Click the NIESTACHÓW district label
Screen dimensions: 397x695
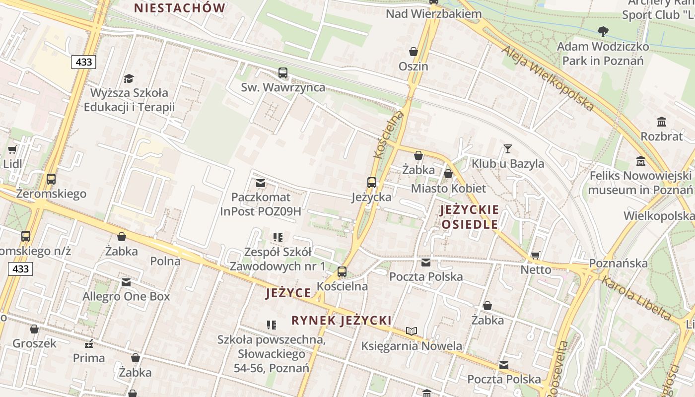pyautogui.click(x=180, y=8)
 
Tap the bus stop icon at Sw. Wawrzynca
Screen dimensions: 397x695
pyautogui.click(x=283, y=73)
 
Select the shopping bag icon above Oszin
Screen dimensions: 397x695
pyautogui.click(x=413, y=52)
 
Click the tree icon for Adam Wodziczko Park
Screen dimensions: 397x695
pyautogui.click(x=603, y=32)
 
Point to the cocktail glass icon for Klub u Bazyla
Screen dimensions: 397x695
pyautogui.click(x=507, y=148)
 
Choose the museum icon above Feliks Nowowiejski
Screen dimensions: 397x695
pyautogui.click(x=640, y=161)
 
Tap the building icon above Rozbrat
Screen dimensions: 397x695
pyautogui.click(x=662, y=122)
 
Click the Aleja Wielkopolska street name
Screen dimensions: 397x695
pyautogui.click(x=547, y=78)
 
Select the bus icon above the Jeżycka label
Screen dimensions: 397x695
pyautogui.click(x=372, y=182)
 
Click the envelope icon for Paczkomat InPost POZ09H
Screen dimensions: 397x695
pyautogui.click(x=260, y=183)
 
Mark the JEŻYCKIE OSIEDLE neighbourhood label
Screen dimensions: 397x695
pyautogui.click(x=469, y=217)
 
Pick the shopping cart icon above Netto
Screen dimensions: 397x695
pyautogui.click(x=536, y=255)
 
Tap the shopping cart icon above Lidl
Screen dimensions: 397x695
pyautogui.click(x=12, y=149)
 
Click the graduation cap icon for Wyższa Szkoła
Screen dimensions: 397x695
pyautogui.click(x=129, y=78)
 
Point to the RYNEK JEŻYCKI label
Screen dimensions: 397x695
pyautogui.click(x=342, y=321)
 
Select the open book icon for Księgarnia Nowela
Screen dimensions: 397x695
pyautogui.click(x=412, y=331)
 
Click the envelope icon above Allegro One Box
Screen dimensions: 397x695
pyautogui.click(x=126, y=282)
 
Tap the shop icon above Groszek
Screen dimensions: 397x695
pyautogui.click(x=34, y=329)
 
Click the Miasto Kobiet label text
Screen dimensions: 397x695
pyautogui.click(x=448, y=189)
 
